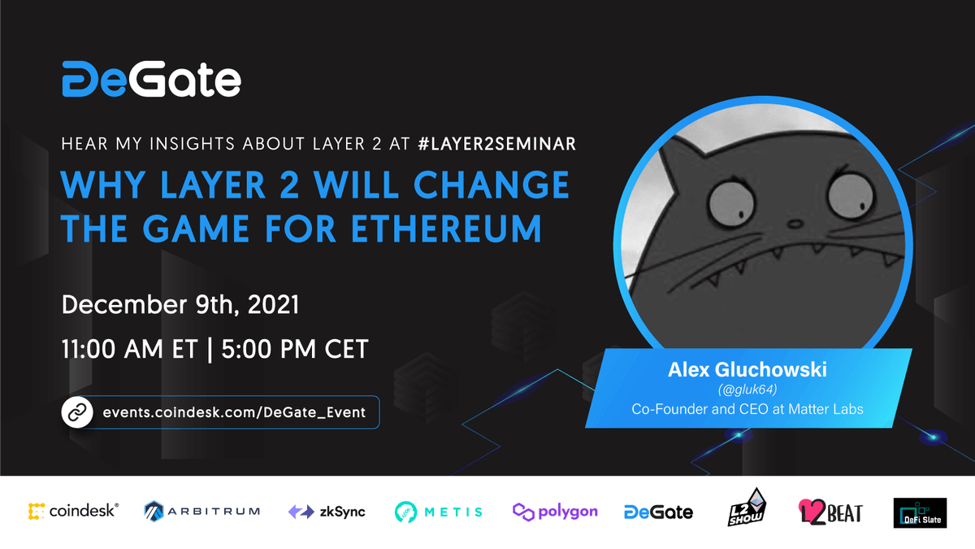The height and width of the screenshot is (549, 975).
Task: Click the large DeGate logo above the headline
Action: [x=151, y=79]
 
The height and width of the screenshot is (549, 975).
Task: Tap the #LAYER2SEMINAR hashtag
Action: [x=496, y=144]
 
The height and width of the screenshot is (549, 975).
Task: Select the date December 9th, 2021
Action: [x=180, y=305]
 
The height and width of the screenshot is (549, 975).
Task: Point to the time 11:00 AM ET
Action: [x=129, y=349]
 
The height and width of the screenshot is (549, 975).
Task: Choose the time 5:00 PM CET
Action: [x=294, y=349]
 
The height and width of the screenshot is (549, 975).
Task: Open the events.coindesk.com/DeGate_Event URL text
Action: [x=234, y=412]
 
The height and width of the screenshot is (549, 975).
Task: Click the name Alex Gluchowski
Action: [x=747, y=370]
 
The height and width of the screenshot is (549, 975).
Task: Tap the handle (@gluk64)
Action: [x=747, y=390]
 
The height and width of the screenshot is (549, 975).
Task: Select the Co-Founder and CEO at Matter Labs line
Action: [x=747, y=409]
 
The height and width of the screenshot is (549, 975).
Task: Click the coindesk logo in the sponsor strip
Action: [x=73, y=512]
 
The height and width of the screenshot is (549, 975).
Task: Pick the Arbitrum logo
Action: [x=201, y=512]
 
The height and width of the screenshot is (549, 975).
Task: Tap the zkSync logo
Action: [x=327, y=512]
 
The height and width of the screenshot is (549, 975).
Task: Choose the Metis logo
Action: [x=439, y=512]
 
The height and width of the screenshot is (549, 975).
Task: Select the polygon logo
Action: [x=555, y=512]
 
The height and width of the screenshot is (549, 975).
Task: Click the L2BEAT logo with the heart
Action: [x=829, y=512]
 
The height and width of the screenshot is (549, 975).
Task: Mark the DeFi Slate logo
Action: [x=920, y=512]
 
